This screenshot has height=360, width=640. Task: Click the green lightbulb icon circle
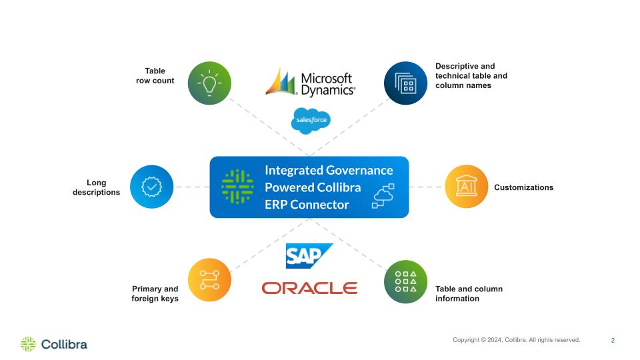[209, 83]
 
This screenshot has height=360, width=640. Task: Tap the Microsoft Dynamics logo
[310, 83]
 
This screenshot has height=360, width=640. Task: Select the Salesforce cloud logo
[311, 121]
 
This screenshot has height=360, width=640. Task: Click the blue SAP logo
[309, 256]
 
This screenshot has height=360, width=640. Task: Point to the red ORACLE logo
[309, 288]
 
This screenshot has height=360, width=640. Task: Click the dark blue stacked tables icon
[405, 83]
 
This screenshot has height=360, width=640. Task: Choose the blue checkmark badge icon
[152, 187]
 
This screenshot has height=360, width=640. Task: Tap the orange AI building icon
[466, 187]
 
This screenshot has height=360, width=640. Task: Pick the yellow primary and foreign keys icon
[209, 280]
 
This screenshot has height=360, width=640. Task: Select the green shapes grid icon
[405, 281]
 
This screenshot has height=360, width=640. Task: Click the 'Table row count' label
[155, 76]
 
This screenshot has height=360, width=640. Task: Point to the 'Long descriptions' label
[96, 187]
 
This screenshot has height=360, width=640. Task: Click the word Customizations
[524, 187]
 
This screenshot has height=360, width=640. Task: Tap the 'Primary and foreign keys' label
[155, 294]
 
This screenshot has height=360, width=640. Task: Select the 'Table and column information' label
[469, 294]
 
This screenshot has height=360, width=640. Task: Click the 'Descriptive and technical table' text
[471, 71]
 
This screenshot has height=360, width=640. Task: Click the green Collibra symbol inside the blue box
[237, 187]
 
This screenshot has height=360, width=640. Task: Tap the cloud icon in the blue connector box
[383, 196]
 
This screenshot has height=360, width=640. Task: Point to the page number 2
[613, 341]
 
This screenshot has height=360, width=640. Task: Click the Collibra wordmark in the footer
[64, 345]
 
